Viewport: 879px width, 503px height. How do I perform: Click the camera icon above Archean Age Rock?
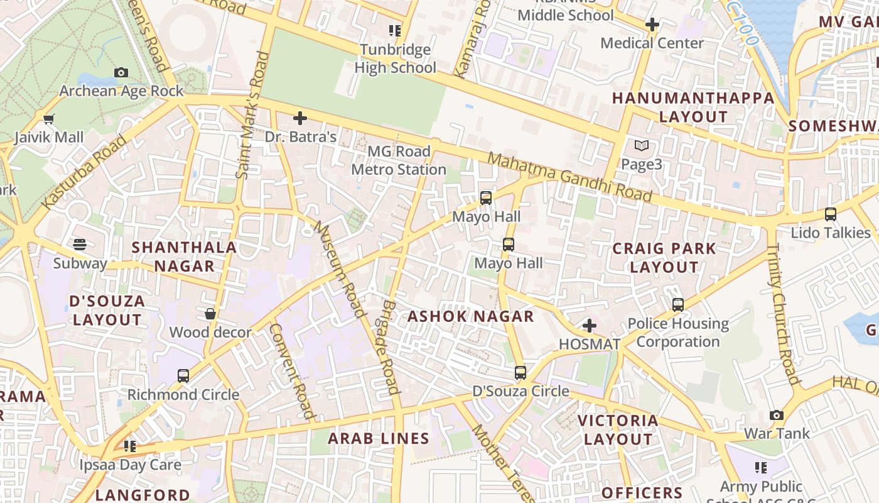click(121, 73)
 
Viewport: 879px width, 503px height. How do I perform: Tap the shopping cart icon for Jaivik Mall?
click(48, 119)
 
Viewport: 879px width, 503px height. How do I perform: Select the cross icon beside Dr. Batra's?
click(300, 118)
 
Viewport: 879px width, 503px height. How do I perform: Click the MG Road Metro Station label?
click(399, 160)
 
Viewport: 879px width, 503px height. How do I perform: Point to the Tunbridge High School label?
click(395, 58)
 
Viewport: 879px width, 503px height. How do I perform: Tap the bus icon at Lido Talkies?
click(831, 214)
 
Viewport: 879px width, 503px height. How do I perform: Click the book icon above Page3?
click(641, 146)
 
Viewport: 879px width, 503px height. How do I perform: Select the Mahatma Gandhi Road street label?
click(569, 177)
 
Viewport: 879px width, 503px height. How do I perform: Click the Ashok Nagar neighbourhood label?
click(471, 316)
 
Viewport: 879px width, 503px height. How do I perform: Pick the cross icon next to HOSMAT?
click(589, 326)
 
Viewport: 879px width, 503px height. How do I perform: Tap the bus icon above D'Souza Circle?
click(520, 373)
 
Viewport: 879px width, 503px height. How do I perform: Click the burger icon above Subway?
click(80, 244)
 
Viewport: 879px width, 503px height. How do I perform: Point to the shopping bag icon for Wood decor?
click(210, 313)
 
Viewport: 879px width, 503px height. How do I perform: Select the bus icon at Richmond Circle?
click(183, 376)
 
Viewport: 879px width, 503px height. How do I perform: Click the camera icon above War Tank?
click(777, 416)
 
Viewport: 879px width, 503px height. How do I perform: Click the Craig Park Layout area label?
click(664, 258)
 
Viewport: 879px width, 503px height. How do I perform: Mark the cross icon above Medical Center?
click(652, 25)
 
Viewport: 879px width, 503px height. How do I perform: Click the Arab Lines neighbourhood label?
click(379, 439)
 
